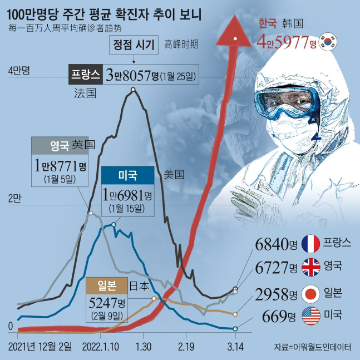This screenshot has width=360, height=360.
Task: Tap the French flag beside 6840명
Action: point(309,244)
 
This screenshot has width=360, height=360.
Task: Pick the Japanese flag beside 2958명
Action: point(309,293)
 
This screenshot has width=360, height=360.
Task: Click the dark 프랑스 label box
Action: point(85,75)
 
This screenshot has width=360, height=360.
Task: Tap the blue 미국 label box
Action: point(127,175)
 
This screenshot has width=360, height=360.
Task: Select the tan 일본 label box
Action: point(106,285)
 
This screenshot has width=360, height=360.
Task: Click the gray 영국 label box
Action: point(60,146)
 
